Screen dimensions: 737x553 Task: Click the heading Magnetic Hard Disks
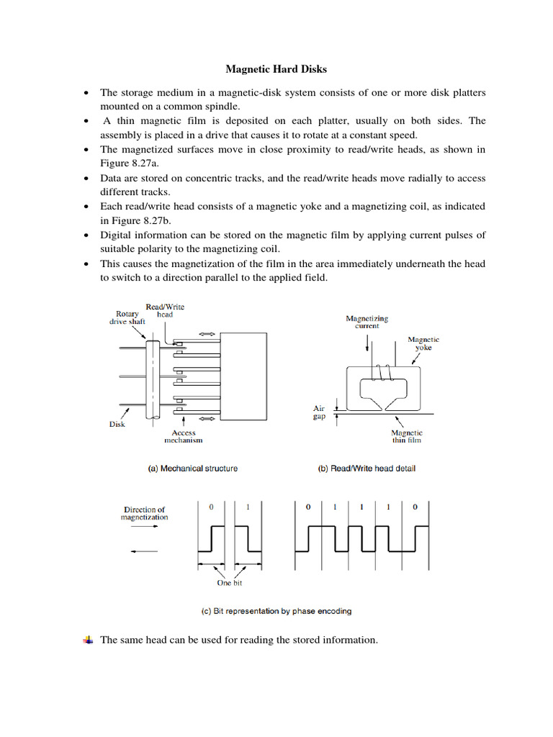(276, 70)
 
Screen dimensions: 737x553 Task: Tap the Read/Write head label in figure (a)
(165, 310)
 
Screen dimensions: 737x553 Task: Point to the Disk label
(117, 424)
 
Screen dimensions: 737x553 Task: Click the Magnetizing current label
(367, 322)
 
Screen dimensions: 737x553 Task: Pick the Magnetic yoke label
(423, 344)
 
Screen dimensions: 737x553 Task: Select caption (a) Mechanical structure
(192, 469)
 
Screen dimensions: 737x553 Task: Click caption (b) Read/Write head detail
(367, 469)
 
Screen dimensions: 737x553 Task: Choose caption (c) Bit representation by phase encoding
(276, 612)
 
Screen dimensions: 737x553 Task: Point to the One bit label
(230, 583)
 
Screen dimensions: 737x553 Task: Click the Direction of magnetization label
(145, 513)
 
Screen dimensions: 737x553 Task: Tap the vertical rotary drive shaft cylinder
(152, 376)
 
